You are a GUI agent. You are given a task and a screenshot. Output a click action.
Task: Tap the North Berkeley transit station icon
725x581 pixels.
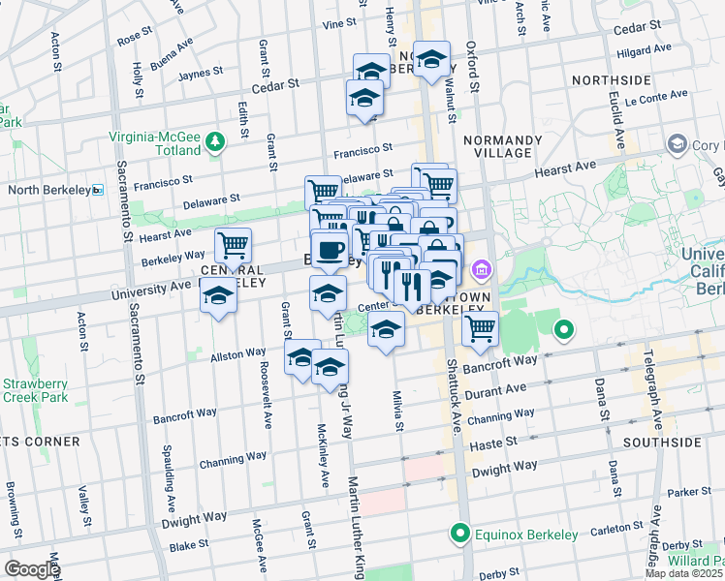click(97, 190)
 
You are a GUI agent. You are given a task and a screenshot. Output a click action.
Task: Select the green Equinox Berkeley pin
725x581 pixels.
click(459, 534)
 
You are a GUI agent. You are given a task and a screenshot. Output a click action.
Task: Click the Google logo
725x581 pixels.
click(32, 569)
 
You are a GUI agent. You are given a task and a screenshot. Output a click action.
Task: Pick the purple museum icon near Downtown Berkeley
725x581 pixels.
click(480, 268)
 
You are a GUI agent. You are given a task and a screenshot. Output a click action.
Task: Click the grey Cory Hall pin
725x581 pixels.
click(677, 145)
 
